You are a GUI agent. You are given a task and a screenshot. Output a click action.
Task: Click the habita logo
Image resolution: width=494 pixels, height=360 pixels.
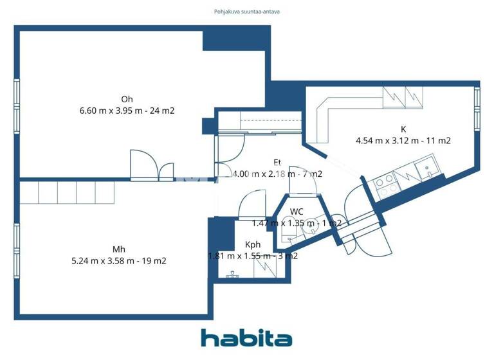[x=246, y=338]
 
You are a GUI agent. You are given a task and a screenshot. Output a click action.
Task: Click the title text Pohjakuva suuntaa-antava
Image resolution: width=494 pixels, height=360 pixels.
[x=247, y=12]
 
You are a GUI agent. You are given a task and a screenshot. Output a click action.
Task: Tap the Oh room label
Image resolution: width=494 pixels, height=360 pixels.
[x=127, y=99]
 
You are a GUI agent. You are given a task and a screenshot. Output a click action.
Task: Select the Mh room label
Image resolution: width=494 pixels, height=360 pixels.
[x=119, y=249]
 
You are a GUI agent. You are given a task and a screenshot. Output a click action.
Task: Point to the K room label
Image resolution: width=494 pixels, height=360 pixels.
[x=403, y=129]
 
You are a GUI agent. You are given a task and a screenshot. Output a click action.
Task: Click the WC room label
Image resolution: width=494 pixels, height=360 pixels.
[x=297, y=212]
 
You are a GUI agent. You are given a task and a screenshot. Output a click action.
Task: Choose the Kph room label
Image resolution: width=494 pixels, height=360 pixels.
[x=253, y=245]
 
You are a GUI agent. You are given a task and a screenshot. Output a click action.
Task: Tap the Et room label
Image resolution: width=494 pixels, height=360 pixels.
[x=278, y=162]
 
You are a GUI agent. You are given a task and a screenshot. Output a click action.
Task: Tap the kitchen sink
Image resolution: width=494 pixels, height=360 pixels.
[x=426, y=170]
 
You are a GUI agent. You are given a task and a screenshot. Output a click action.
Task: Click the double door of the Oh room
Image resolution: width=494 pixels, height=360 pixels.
[x=152, y=167]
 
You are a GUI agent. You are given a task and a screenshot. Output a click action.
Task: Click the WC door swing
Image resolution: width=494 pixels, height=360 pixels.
[x=303, y=180]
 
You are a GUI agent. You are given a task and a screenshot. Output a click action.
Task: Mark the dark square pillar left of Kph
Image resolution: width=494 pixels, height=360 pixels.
[x=220, y=230]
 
